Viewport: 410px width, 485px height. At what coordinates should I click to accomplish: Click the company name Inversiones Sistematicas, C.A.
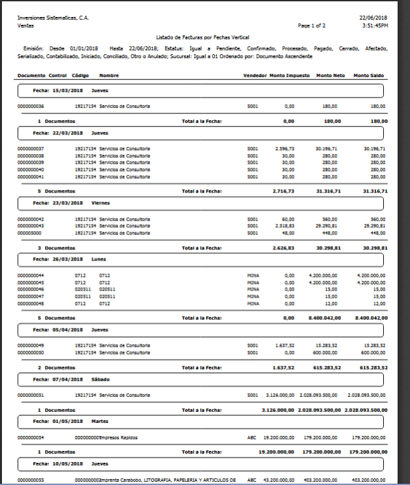[53, 18]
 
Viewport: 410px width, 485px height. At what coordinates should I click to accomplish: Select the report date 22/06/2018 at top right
[373, 18]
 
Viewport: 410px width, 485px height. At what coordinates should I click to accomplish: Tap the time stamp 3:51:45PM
[375, 25]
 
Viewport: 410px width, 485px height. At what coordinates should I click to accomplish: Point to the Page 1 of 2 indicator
[312, 25]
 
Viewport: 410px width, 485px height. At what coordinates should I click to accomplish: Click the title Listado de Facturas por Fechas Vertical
[203, 38]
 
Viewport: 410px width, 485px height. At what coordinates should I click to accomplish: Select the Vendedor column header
[255, 76]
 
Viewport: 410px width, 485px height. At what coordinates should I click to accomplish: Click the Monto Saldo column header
[369, 76]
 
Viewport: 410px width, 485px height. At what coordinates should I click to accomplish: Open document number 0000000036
[31, 106]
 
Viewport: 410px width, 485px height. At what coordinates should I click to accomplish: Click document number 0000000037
[31, 149]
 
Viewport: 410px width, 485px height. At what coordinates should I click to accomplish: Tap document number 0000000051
[31, 395]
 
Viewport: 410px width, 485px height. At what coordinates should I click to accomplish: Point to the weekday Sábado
[101, 379]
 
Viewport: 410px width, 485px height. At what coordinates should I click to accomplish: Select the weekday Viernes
[101, 203]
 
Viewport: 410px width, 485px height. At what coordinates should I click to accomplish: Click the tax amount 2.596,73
[285, 149]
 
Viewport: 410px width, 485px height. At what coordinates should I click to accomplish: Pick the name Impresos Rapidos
[119, 437]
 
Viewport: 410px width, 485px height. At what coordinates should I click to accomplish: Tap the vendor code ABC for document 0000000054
[251, 437]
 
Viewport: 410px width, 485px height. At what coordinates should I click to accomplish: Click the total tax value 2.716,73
[283, 191]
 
